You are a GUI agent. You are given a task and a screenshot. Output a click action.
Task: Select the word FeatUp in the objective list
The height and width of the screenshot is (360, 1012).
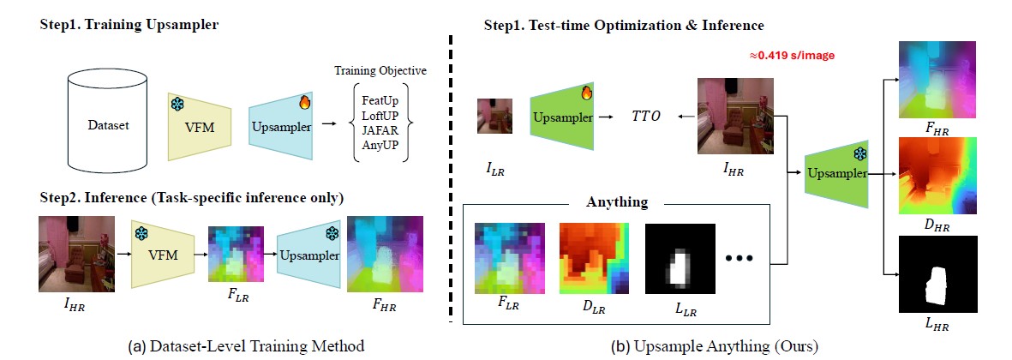pyautogui.click(x=380, y=102)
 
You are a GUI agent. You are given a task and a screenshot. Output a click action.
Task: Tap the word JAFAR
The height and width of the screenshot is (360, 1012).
pyautogui.click(x=380, y=131)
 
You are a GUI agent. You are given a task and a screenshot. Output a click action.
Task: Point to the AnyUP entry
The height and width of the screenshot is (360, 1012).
pyautogui.click(x=380, y=145)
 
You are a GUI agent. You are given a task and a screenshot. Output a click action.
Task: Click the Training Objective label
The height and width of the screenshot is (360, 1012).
pyautogui.click(x=380, y=71)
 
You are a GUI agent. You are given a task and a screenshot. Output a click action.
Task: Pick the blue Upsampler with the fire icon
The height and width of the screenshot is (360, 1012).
pyautogui.click(x=281, y=126)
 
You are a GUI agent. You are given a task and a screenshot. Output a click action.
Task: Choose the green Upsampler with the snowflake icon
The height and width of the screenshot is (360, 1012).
pyautogui.click(x=836, y=173)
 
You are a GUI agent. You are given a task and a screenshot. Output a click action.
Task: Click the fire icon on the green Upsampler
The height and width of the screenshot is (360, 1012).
pyautogui.click(x=586, y=93)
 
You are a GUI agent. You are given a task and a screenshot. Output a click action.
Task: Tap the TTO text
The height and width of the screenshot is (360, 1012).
pyautogui.click(x=645, y=118)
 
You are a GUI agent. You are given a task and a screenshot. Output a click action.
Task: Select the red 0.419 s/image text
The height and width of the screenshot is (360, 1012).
pyautogui.click(x=791, y=56)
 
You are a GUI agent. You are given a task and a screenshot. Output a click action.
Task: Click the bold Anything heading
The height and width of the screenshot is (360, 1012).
pyautogui.click(x=616, y=202)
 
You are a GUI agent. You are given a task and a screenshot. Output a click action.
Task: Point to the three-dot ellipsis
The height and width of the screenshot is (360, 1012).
pyautogui.click(x=739, y=258)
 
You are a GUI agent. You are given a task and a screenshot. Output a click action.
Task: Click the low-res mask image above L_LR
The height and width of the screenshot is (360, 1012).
pyautogui.click(x=681, y=259)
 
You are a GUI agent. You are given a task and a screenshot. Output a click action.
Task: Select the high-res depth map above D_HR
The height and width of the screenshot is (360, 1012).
pyautogui.click(x=938, y=176)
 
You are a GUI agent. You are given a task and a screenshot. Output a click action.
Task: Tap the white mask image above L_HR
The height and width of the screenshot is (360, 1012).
pyautogui.click(x=938, y=274)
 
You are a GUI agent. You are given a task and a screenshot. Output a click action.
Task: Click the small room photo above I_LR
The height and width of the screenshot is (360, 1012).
pyautogui.click(x=495, y=116)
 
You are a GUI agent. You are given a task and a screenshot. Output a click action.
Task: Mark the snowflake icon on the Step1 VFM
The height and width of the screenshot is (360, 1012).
pyautogui.click(x=177, y=104)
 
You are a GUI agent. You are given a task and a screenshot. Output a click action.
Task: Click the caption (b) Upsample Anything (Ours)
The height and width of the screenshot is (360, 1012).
pyautogui.click(x=715, y=345)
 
